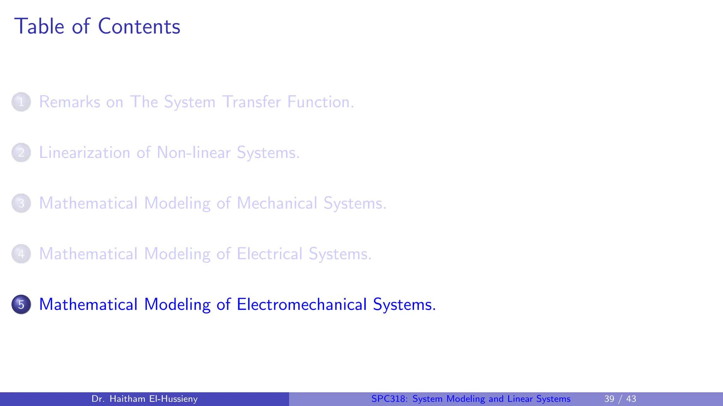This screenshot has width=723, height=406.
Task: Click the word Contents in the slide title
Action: point(139,26)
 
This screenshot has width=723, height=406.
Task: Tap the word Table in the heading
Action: point(39,26)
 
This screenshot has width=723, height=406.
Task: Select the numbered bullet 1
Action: point(21,102)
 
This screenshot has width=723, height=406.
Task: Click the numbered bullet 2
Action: point(21,153)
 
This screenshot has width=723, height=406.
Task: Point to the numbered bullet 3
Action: point(21,203)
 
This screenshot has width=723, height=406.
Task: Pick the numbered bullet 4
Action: point(21,254)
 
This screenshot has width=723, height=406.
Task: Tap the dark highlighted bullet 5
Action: point(21,304)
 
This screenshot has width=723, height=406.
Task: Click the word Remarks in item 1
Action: point(70,102)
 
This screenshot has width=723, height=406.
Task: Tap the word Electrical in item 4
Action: point(270,254)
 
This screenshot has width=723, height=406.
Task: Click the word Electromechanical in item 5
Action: point(302,304)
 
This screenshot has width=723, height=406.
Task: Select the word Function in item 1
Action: point(320,102)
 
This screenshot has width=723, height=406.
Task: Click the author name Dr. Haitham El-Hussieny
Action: point(144,399)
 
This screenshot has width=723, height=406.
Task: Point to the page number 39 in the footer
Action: point(609,399)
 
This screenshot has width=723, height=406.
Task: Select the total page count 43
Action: point(631,399)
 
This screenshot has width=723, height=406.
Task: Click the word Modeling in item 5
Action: point(177,304)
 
